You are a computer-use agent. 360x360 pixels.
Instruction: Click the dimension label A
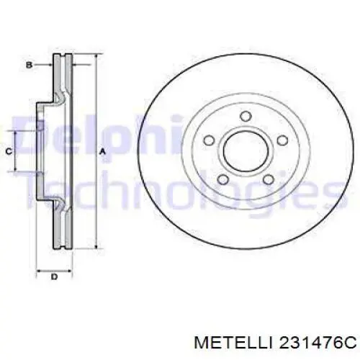[x=103, y=151]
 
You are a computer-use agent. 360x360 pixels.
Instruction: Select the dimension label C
[x=8, y=151]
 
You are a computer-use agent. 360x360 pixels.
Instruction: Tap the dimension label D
[x=53, y=276]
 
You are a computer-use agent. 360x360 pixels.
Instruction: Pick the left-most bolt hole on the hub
[x=210, y=141]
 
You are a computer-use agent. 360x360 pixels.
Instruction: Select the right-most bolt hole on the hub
[x=280, y=141]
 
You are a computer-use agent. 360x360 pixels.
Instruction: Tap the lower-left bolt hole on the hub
[x=224, y=181]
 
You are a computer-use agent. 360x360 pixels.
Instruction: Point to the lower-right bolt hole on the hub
[x=267, y=181]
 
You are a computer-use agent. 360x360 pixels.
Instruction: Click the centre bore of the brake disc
[x=246, y=150]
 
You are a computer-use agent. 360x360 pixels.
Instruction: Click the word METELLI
[x=216, y=340]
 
